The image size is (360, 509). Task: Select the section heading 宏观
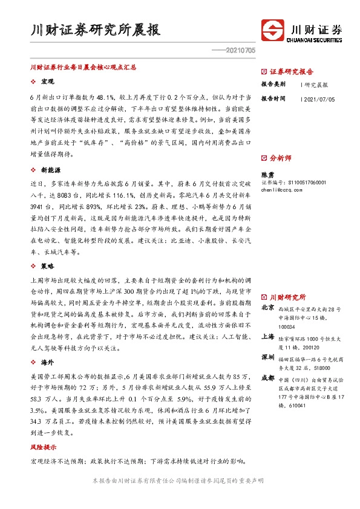(48, 81)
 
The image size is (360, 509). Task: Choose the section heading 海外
(48, 362)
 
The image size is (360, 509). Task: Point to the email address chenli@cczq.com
(280, 189)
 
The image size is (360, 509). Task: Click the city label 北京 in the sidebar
(267, 308)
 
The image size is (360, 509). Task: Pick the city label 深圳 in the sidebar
(267, 358)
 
